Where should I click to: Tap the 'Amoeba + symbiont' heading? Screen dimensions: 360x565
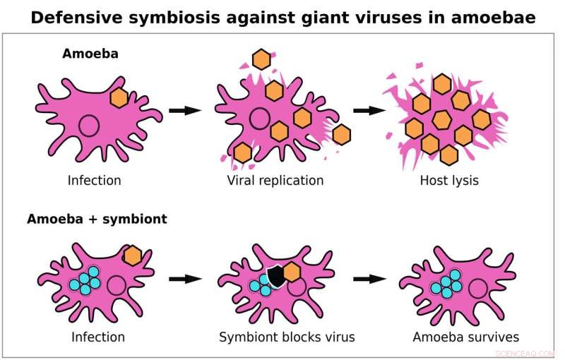click(97, 219)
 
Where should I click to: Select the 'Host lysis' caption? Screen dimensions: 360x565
click(448, 181)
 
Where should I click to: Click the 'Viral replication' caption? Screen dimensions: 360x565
click(275, 181)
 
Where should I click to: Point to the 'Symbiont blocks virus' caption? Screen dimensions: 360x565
click(287, 337)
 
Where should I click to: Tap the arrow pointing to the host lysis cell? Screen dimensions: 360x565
click(369, 111)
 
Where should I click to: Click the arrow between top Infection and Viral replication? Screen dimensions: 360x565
click(186, 111)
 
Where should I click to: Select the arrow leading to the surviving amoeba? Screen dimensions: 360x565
click(369, 279)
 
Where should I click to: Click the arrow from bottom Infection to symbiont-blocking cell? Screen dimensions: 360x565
click(186, 279)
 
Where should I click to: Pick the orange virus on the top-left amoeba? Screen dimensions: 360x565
click(119, 98)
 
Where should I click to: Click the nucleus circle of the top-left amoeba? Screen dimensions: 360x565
click(89, 126)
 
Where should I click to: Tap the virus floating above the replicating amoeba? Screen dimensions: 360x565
click(261, 59)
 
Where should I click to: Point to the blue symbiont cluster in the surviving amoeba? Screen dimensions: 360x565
click(446, 284)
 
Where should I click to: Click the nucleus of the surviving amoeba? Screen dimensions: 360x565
click(478, 288)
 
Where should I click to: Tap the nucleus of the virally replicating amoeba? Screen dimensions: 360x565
click(258, 118)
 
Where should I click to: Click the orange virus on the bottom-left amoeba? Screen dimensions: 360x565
click(132, 256)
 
